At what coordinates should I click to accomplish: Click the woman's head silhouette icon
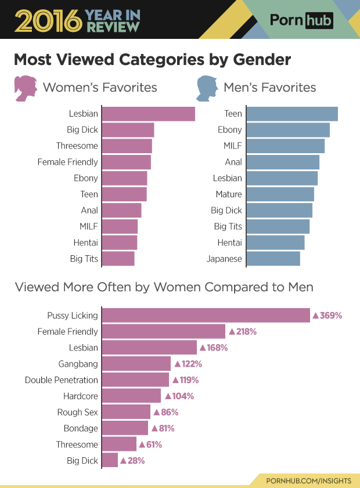(25, 88)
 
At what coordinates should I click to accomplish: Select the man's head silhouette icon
(205, 88)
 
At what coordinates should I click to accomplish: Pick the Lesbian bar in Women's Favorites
(149, 114)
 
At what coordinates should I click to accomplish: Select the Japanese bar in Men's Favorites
(273, 259)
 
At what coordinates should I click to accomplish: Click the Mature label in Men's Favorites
(228, 194)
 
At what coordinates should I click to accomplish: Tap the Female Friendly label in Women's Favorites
(67, 162)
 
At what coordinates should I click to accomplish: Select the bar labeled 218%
(164, 331)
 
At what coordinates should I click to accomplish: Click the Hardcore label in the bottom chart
(81, 396)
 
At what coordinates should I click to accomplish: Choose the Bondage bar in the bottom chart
(125, 428)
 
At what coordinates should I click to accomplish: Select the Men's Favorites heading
(269, 88)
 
